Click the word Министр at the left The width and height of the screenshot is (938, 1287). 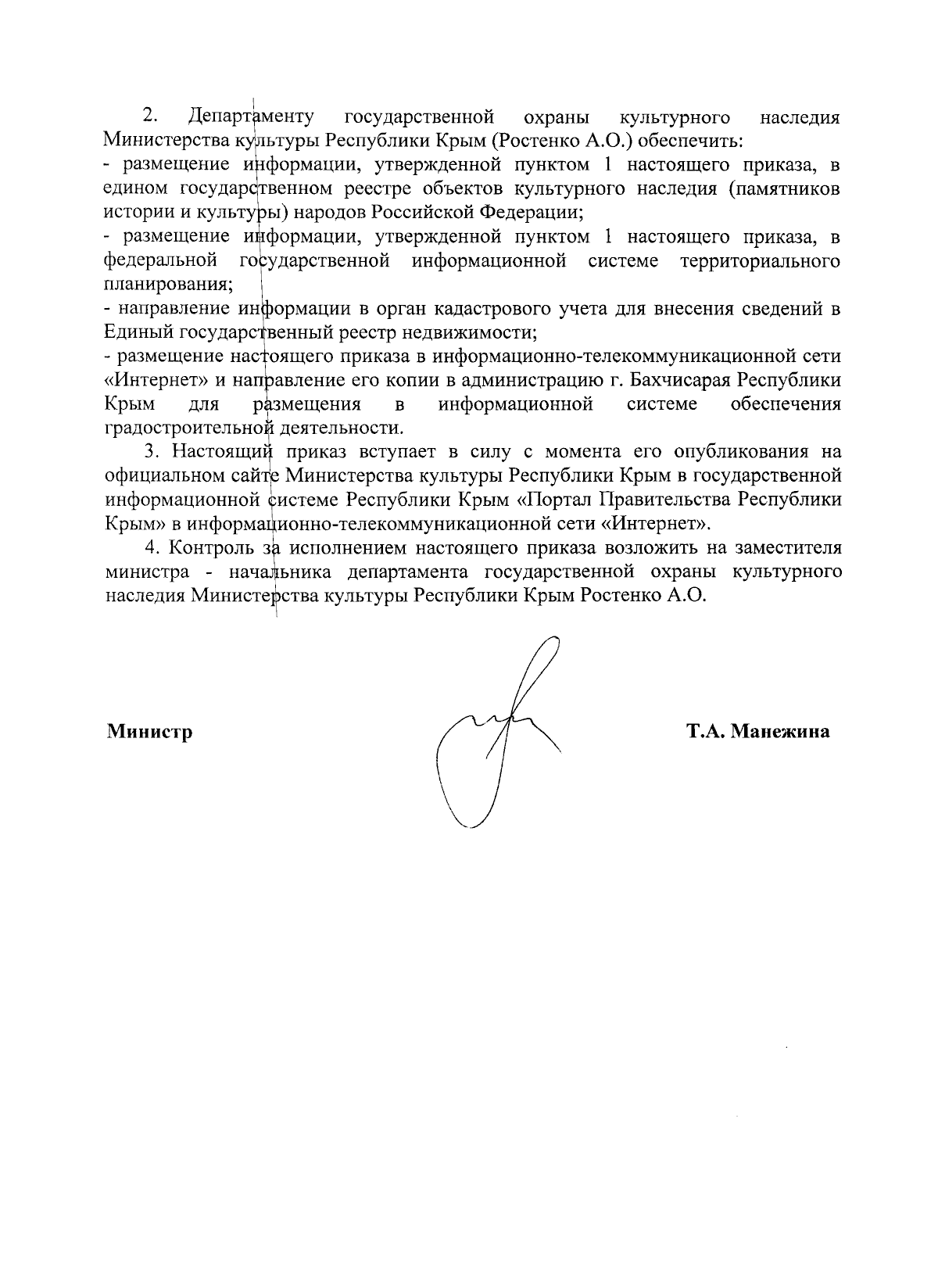(x=149, y=733)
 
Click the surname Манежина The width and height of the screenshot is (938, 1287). (x=780, y=733)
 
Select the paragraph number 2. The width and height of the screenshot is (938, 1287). (x=150, y=117)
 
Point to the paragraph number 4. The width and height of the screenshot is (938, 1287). (x=152, y=547)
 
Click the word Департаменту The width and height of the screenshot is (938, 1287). (x=251, y=117)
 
